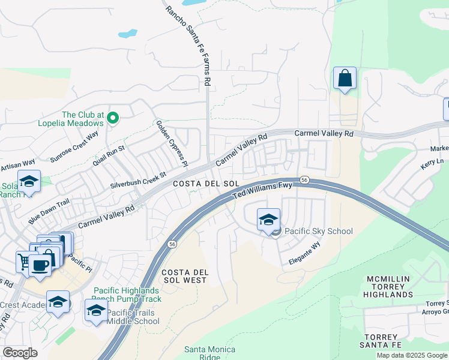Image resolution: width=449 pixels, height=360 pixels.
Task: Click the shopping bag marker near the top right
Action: click(345, 79)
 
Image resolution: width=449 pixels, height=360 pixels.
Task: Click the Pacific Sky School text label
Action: click(318, 231)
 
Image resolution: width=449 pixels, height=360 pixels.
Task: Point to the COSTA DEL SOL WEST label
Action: click(185, 276)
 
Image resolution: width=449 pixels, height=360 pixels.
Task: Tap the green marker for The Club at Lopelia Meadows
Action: click(112, 118)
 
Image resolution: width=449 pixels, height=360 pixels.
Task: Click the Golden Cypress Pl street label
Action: click(172, 143)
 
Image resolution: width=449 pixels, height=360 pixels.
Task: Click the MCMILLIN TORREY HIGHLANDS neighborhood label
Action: click(388, 287)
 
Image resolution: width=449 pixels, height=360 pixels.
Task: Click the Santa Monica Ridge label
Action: click(209, 353)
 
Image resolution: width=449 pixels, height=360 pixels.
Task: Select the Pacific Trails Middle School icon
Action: click(96, 310)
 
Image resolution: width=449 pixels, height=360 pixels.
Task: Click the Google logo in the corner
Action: click(20, 353)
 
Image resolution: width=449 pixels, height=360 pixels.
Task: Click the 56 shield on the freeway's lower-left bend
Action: click(173, 244)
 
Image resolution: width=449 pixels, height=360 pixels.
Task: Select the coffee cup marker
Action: click(40, 265)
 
